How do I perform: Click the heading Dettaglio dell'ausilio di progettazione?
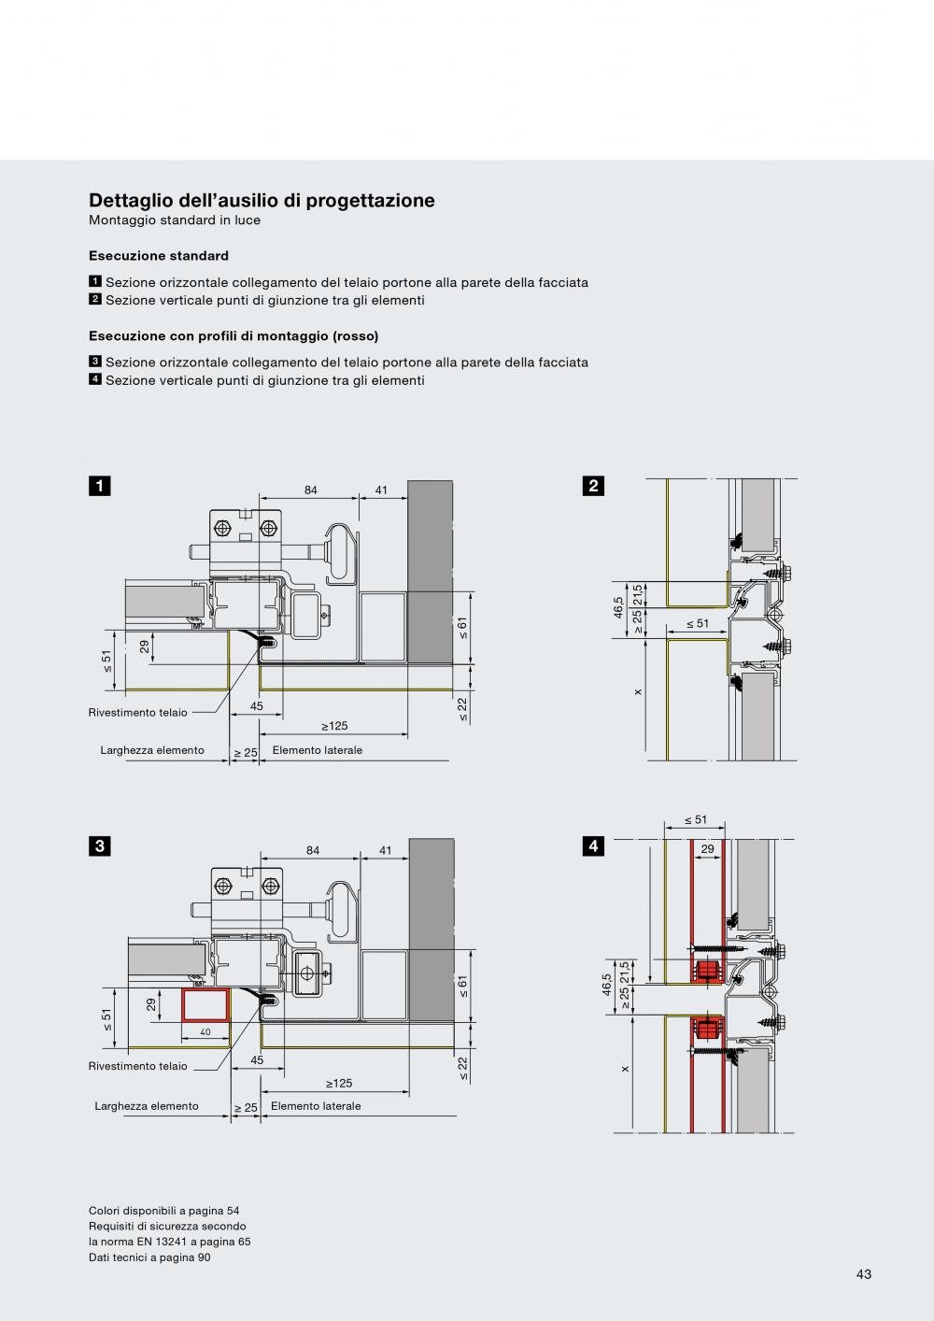pos(262,201)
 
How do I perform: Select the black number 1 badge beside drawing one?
pos(100,486)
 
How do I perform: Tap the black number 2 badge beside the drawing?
pos(593,486)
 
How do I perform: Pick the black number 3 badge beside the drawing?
pos(100,846)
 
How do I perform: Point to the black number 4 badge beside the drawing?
pos(593,846)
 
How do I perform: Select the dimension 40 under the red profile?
pos(205,1032)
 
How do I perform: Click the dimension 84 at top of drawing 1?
pos(311,490)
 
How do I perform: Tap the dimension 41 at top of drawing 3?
pos(385,850)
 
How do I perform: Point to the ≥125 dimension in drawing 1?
pos(334,726)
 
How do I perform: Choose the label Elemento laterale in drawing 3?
pos(316,1106)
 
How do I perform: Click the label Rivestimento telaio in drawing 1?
pos(138,713)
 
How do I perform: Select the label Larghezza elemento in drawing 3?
pos(147,1106)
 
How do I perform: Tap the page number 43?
pos(864,1274)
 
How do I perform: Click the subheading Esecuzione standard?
pos(159,256)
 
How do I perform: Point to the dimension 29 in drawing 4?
pos(708,848)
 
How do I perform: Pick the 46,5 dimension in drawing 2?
pos(618,608)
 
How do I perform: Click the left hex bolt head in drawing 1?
pos(222,528)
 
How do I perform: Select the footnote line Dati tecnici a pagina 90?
pos(149,1257)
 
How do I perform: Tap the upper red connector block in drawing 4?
pos(708,970)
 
